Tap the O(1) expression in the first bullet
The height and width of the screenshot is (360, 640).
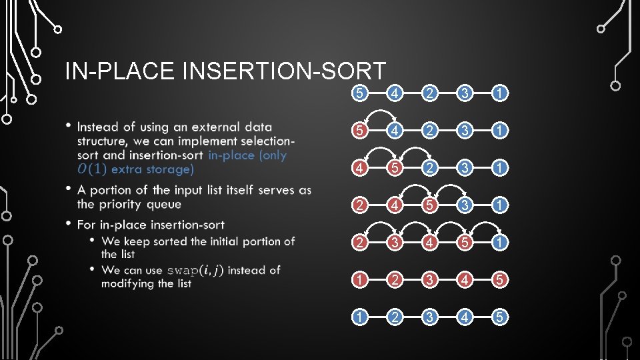click(x=91, y=169)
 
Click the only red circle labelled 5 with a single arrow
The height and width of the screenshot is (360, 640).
click(x=360, y=129)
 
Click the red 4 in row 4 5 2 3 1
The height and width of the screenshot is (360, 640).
click(x=360, y=166)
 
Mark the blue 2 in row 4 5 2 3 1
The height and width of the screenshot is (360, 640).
click(x=431, y=166)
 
